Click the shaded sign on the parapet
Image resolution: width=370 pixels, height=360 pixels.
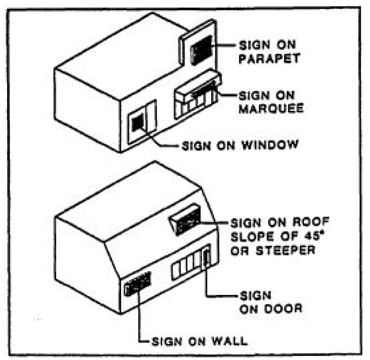[x=203, y=50]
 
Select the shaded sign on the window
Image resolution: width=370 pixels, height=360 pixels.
[x=137, y=121]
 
